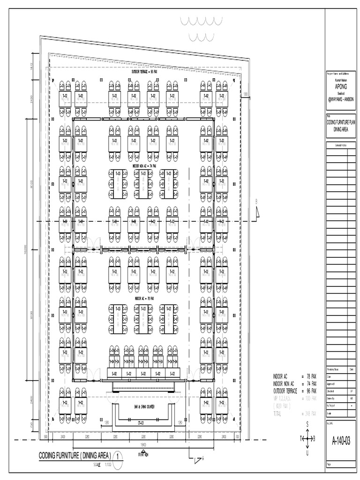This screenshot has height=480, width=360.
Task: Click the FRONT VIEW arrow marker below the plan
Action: tap(143, 453)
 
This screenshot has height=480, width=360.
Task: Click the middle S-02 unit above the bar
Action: tap(143, 373)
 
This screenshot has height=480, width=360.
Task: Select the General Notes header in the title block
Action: tap(341, 146)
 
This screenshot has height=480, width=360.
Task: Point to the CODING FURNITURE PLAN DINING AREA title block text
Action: tap(341, 123)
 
